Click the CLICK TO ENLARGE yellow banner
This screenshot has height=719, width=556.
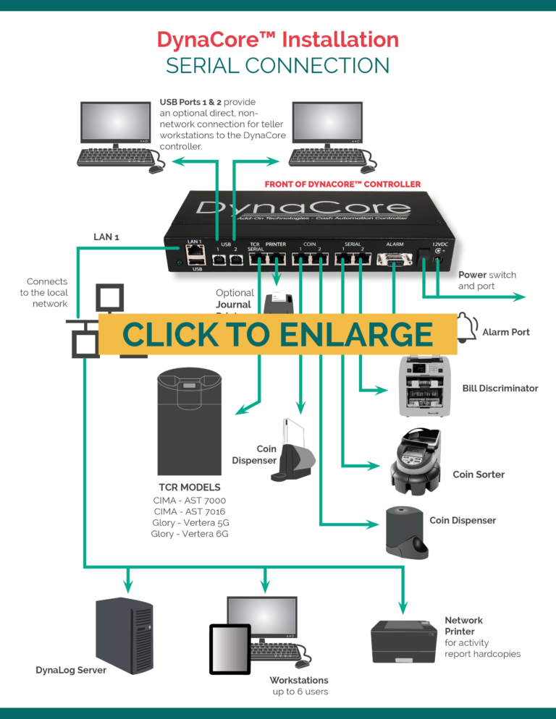click(x=278, y=334)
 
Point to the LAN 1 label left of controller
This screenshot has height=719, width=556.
click(x=106, y=237)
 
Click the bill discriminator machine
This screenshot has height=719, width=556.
click(x=424, y=386)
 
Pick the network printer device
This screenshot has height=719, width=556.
click(x=403, y=640)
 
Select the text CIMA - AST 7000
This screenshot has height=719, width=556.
click(x=190, y=501)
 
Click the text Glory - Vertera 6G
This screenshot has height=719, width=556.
click(x=190, y=533)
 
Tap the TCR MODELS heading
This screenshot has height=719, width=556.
click(x=190, y=487)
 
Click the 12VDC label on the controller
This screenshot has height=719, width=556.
click(x=441, y=244)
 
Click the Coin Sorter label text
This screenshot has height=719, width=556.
click(x=478, y=475)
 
